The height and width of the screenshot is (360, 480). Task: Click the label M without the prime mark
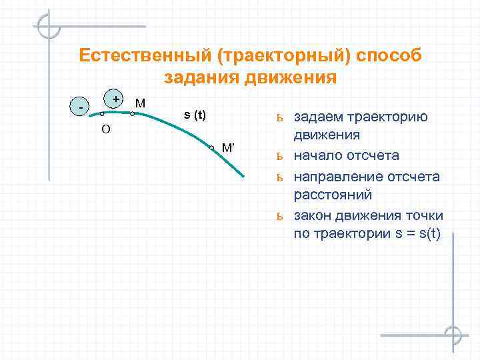141,103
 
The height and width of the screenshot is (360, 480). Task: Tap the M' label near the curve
228,147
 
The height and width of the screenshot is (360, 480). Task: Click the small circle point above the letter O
101,115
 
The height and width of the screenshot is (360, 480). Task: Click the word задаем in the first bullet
319,117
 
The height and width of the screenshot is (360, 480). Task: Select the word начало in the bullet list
317,156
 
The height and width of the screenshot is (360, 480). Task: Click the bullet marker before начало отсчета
280,157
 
